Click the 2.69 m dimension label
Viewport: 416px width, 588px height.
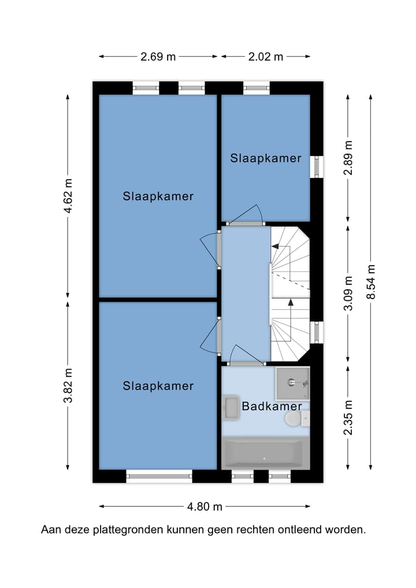(158, 57)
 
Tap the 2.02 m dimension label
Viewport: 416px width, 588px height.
(266, 57)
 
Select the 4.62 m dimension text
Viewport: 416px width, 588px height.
(68, 196)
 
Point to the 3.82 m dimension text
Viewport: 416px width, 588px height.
(68, 385)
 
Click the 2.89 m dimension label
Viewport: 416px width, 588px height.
(348, 158)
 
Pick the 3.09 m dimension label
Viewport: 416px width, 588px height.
(348, 293)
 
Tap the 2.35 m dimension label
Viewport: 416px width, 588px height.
(348, 418)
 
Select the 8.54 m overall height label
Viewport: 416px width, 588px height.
(371, 282)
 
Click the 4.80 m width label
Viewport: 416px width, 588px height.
(205, 507)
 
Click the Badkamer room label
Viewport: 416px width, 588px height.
(272, 406)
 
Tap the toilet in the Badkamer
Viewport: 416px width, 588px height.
(297, 419)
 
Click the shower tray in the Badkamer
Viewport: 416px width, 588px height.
(293, 384)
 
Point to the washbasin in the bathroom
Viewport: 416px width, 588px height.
(231, 407)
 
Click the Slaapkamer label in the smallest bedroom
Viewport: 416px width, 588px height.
(266, 158)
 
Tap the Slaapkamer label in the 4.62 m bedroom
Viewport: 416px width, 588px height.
(158, 196)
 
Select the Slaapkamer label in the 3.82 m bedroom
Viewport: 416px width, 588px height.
(158, 386)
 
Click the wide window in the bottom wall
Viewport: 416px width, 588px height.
(159, 477)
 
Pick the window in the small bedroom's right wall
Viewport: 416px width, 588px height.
(317, 166)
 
